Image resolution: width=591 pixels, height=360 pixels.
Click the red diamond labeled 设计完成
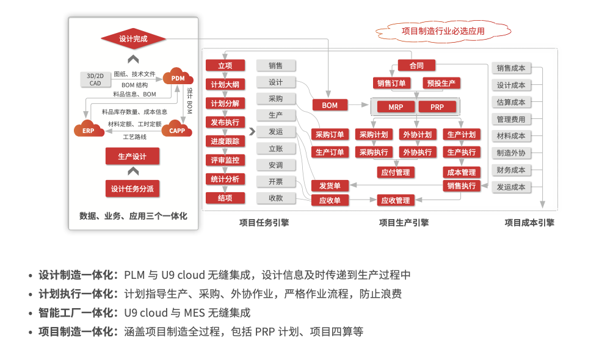[x=133, y=39]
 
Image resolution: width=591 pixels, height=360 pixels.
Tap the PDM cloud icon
[x=178, y=77]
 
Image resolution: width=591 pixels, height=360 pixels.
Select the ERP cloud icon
[x=89, y=129]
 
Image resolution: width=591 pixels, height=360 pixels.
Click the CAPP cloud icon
[x=177, y=129]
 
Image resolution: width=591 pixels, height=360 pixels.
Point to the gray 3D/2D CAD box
[x=95, y=79]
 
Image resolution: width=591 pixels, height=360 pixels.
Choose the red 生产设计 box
[x=132, y=156]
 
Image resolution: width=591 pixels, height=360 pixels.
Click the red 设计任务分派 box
[x=132, y=189]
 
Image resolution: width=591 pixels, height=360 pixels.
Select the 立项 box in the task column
[x=225, y=65]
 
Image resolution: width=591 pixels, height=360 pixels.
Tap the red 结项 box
[x=225, y=198]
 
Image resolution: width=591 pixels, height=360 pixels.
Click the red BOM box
[x=330, y=105]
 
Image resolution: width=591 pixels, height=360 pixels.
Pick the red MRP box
[x=396, y=107]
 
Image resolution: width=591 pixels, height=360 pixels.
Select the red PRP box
[x=437, y=107]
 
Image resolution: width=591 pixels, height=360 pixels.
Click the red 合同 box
[x=416, y=65]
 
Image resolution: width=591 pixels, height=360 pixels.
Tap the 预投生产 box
[x=441, y=83]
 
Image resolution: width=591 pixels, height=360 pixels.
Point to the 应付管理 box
[x=396, y=173]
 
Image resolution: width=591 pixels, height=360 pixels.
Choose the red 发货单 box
[x=330, y=185]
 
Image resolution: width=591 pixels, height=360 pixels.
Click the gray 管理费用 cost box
[x=511, y=119]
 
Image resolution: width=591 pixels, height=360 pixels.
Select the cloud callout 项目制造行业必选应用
[x=443, y=31]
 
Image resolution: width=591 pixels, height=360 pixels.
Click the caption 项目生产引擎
[x=404, y=223]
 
